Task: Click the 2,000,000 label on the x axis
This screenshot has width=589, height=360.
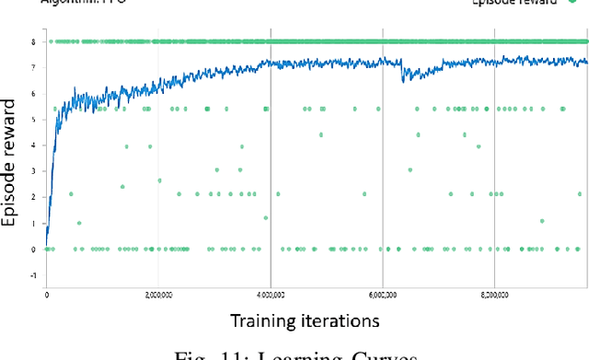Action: (x=159, y=295)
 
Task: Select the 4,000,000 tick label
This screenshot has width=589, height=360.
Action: (x=271, y=295)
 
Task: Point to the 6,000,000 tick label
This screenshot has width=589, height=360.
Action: (x=384, y=295)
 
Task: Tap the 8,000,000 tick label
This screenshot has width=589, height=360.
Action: (x=495, y=295)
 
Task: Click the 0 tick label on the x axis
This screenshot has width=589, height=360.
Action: (x=46, y=295)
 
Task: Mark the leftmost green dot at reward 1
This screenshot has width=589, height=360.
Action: (x=78, y=223)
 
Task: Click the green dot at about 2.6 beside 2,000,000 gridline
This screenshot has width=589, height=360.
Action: (x=159, y=180)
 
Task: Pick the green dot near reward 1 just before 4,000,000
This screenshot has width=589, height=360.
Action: (x=265, y=218)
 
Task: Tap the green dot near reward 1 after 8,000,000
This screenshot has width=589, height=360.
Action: (x=542, y=221)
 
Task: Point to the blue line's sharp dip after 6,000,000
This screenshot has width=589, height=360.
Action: (x=403, y=80)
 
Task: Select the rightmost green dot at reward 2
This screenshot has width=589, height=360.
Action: (x=579, y=193)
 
